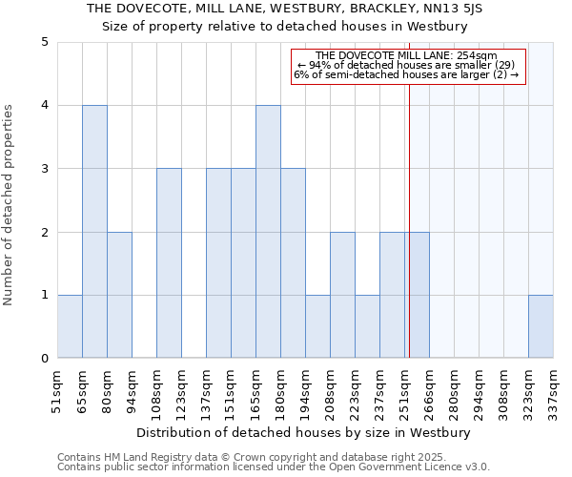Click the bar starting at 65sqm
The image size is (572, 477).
pyautogui.click(x=94, y=232)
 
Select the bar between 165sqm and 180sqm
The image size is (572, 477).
pyautogui.click(x=268, y=232)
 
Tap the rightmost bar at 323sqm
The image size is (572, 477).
pyautogui.click(x=541, y=326)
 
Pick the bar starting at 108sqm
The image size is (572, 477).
pyautogui.click(x=169, y=263)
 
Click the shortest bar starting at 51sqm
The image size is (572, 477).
pyautogui.click(x=70, y=326)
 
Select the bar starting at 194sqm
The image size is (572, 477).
pyautogui.click(x=317, y=326)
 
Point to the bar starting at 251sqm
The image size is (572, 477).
pyautogui.click(x=417, y=295)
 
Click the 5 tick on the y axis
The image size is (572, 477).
pyautogui.click(x=44, y=42)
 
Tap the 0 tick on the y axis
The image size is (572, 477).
pyautogui.click(x=44, y=359)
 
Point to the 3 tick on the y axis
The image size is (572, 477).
pyautogui.click(x=44, y=169)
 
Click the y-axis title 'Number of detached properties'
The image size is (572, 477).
pyautogui.click(x=10, y=200)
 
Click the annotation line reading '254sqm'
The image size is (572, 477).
pyautogui.click(x=408, y=55)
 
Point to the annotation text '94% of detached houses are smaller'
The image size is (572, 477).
pyautogui.click(x=408, y=65)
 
